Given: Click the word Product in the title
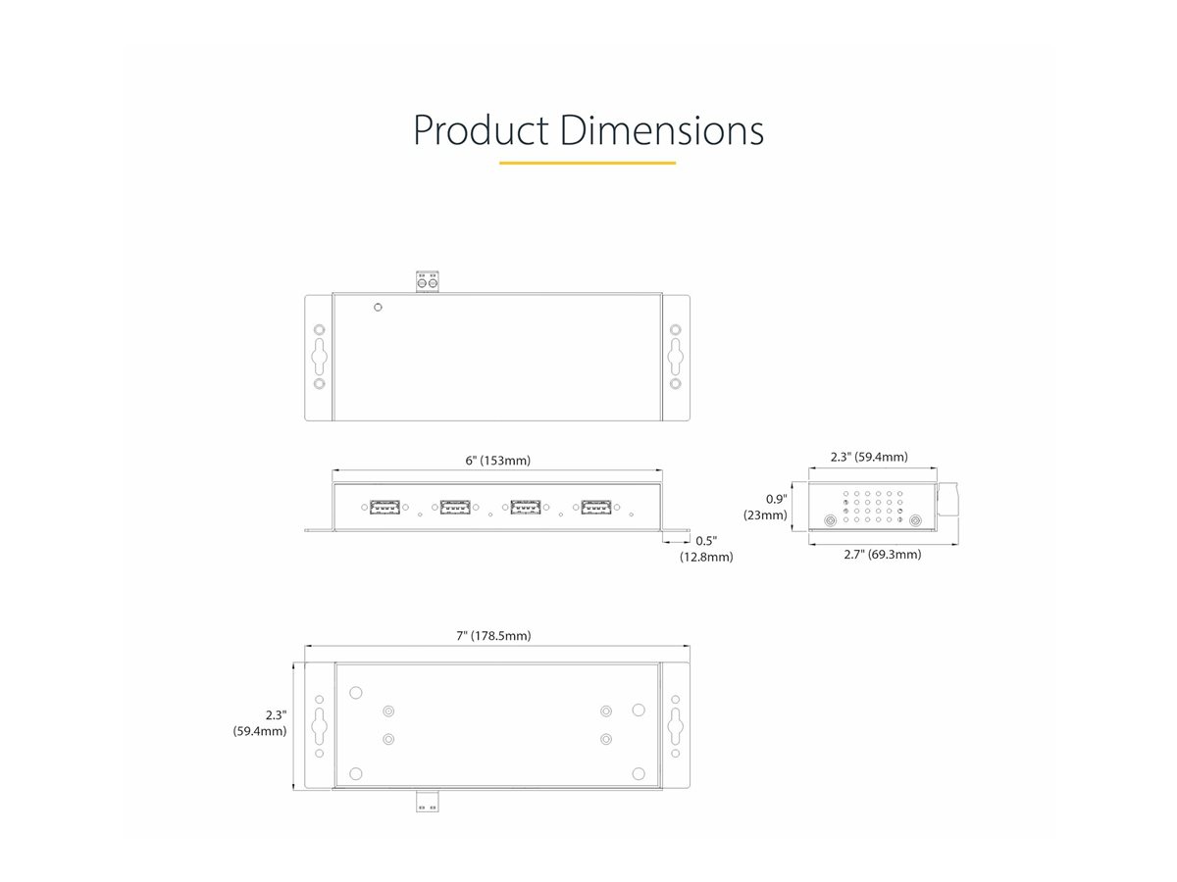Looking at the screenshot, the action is click(x=481, y=130).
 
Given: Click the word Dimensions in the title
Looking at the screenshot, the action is click(x=662, y=130).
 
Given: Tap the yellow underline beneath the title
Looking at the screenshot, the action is click(x=588, y=163).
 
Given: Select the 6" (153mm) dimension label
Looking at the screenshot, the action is click(x=497, y=461).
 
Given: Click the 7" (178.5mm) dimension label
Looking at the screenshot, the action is click(x=493, y=636).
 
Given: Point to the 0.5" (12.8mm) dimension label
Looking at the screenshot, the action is click(x=705, y=549).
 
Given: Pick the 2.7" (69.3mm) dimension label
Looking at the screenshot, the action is click(x=882, y=555).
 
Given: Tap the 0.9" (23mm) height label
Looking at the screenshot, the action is click(x=766, y=507).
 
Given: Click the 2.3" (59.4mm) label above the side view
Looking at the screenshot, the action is click(x=869, y=457).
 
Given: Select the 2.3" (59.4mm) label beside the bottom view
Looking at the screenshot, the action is click(x=260, y=723).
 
